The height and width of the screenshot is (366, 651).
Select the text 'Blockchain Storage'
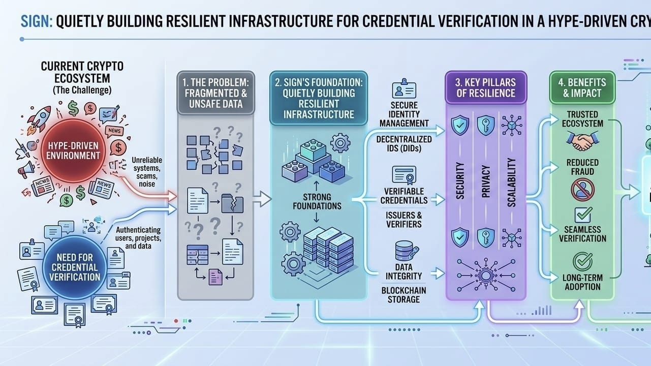coord(404,294)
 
